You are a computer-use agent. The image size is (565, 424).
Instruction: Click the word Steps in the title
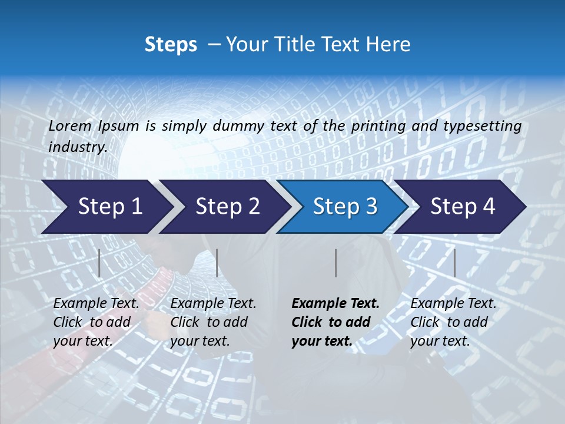click(171, 45)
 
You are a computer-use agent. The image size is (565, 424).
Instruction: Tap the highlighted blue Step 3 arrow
click(345, 207)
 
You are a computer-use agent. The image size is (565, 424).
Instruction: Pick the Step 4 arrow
click(463, 207)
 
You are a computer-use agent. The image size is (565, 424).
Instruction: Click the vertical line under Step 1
click(99, 263)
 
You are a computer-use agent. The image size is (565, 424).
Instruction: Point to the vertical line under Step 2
click(217, 263)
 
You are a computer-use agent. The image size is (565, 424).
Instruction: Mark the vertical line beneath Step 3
click(335, 263)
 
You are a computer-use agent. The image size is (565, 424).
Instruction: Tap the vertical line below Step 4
click(454, 263)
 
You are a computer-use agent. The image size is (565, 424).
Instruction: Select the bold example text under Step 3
click(335, 322)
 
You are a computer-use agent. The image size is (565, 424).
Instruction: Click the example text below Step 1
click(96, 322)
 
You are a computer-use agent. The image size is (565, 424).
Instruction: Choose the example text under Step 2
click(213, 322)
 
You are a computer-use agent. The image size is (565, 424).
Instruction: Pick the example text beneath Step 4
click(453, 322)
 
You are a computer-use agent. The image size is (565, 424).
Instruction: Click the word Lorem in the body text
click(69, 126)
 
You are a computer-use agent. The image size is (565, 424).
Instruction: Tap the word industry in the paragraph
click(77, 147)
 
